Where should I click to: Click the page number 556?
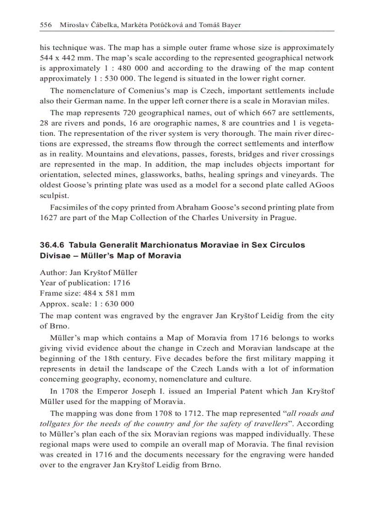[46, 24]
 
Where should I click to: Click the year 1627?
[48, 217]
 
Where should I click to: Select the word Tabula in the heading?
[82, 245]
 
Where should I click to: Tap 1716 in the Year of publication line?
[121, 283]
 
